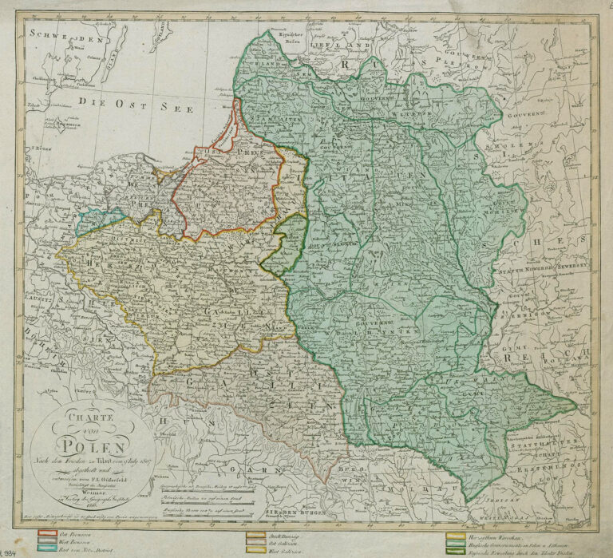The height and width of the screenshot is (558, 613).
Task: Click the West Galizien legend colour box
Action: coord(255,550)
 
